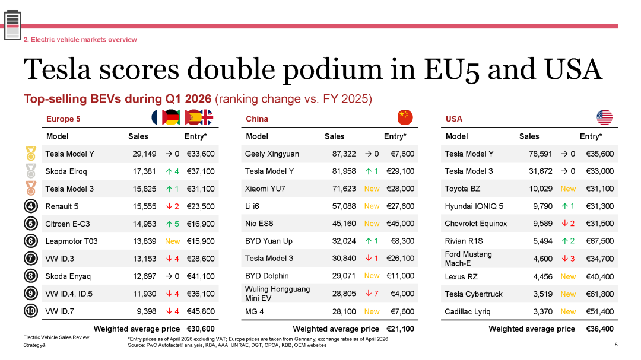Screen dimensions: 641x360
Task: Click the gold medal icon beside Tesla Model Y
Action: [31, 154]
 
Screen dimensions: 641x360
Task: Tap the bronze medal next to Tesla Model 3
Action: [31, 189]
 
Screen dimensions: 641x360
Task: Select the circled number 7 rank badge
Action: [31, 259]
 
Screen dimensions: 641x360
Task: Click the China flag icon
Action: [405, 117]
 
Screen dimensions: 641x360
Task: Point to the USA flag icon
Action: [604, 117]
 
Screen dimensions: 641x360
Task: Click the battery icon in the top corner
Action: [12, 26]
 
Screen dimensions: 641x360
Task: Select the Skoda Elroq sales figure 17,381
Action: [144, 171]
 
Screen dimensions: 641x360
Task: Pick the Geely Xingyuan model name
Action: [272, 154]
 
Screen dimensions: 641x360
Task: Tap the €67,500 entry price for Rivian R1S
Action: [599, 241]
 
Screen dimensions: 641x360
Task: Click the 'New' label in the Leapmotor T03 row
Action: [173, 241]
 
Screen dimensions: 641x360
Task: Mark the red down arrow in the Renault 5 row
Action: [169, 206]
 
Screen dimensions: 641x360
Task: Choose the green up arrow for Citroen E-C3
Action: [169, 224]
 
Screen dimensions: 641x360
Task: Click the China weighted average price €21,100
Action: [400, 329]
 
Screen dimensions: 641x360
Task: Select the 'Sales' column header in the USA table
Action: [529, 136]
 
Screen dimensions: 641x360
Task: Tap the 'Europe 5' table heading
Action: [63, 119]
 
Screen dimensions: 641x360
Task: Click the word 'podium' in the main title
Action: [332, 69]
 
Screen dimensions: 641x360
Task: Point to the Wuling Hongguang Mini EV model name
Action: [277, 294]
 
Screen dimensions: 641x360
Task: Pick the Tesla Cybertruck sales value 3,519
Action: [542, 294]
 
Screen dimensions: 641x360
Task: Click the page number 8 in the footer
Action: [616, 345]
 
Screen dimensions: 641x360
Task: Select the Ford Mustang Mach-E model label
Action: [468, 259]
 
